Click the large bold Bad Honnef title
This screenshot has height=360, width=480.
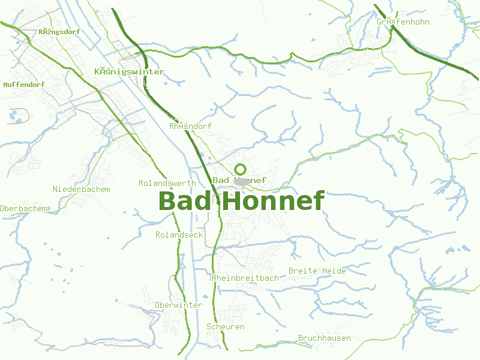(241, 201)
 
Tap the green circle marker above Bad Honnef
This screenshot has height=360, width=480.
(241, 169)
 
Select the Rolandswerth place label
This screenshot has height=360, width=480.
(167, 183)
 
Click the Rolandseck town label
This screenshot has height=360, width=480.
(179, 235)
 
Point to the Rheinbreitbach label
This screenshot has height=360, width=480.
(245, 278)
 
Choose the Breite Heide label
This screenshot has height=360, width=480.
(317, 271)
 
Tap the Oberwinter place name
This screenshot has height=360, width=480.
(178, 305)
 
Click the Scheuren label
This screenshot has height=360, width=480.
(225, 326)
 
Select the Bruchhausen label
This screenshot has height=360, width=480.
(324, 338)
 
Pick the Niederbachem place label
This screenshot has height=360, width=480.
(82, 189)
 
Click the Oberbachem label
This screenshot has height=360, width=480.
(24, 208)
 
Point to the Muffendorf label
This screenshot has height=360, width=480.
(24, 85)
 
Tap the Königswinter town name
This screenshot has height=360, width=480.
(129, 71)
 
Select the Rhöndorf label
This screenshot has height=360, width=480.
(190, 126)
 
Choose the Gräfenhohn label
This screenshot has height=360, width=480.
(403, 22)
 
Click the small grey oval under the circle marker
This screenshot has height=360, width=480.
(242, 181)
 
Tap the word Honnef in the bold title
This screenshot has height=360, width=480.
(275, 201)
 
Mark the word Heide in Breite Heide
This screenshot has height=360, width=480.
(334, 271)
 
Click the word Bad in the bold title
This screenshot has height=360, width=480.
(185, 201)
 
